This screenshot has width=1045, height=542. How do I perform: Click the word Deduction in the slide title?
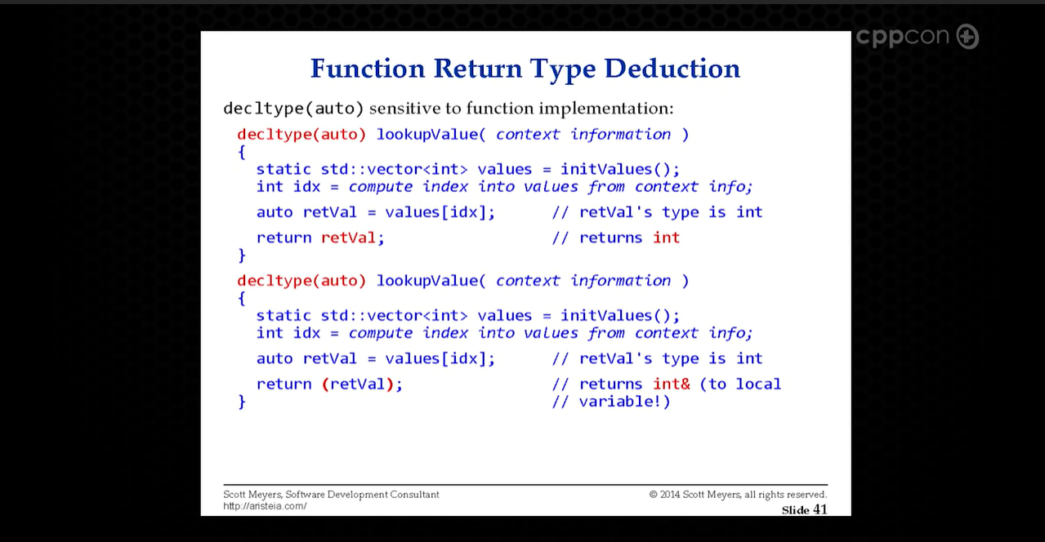672,69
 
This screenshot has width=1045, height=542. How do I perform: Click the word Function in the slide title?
368,69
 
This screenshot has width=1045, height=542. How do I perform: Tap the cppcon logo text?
903,37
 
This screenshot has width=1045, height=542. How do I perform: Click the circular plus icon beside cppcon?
967,37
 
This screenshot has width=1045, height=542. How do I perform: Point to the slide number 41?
820,509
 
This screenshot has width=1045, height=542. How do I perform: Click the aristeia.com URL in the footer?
265,506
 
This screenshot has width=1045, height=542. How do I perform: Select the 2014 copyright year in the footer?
670,495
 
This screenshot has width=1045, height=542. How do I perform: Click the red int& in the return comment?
671,384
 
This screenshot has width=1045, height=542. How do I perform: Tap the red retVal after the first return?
349,238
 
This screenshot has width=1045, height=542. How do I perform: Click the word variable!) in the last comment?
625,402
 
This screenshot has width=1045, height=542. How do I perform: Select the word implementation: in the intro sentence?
606,109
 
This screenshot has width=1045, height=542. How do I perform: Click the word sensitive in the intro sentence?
404,109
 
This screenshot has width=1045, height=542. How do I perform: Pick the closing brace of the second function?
242,402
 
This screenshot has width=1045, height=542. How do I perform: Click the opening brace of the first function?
242,152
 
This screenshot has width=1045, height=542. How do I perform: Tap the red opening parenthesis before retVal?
326,384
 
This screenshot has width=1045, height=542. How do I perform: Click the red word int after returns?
666,238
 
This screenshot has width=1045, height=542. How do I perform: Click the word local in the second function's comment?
758,384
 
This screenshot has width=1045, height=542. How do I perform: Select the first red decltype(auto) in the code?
301,135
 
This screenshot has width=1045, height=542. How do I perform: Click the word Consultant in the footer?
415,495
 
